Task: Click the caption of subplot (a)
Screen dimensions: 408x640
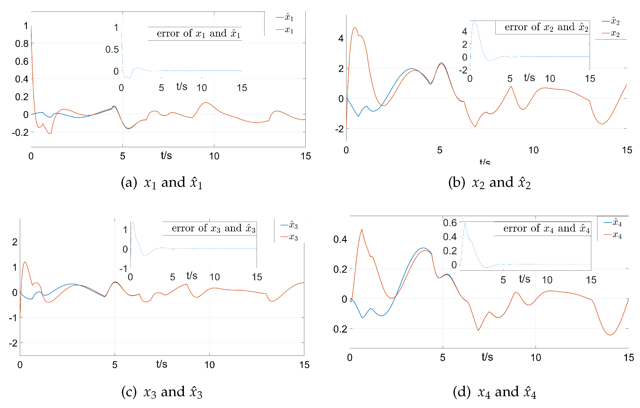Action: tap(162, 183)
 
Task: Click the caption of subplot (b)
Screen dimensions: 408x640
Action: tap(489, 183)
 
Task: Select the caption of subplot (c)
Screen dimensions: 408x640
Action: tap(162, 392)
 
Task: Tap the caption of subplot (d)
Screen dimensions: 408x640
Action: tap(494, 392)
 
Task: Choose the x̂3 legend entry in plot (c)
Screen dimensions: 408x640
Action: tap(289, 225)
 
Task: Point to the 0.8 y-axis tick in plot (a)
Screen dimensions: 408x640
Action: tap(22, 44)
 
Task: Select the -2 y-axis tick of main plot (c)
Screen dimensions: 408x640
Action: tap(13, 343)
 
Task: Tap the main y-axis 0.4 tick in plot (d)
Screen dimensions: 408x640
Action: tap(340, 239)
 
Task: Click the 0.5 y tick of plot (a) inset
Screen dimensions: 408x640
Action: tap(112, 49)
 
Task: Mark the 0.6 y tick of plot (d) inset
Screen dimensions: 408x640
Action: tap(450, 223)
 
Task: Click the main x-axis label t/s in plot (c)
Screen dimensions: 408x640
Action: tap(162, 364)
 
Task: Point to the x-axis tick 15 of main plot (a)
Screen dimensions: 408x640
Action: tap(306, 156)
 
